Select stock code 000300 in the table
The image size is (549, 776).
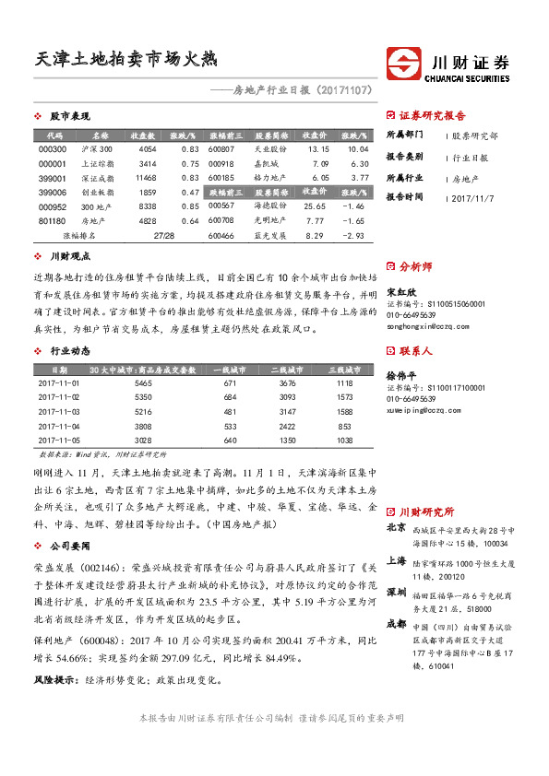(x=54, y=148)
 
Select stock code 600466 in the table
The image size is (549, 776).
(x=222, y=236)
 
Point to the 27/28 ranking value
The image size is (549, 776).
(x=165, y=236)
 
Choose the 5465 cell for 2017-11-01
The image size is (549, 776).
(x=142, y=382)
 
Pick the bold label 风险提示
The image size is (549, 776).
(x=53, y=679)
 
